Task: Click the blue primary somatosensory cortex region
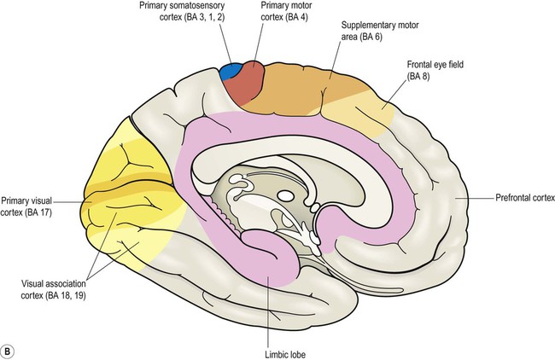tap(228, 73)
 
